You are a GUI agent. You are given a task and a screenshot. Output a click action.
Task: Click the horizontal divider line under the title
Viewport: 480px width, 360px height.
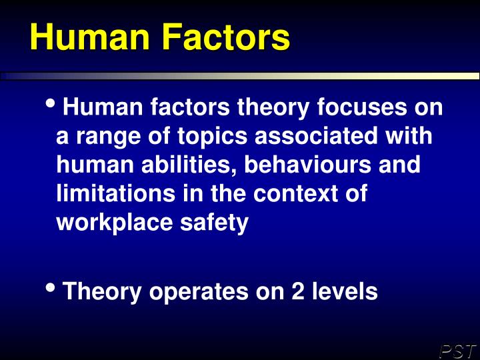[240, 76]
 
